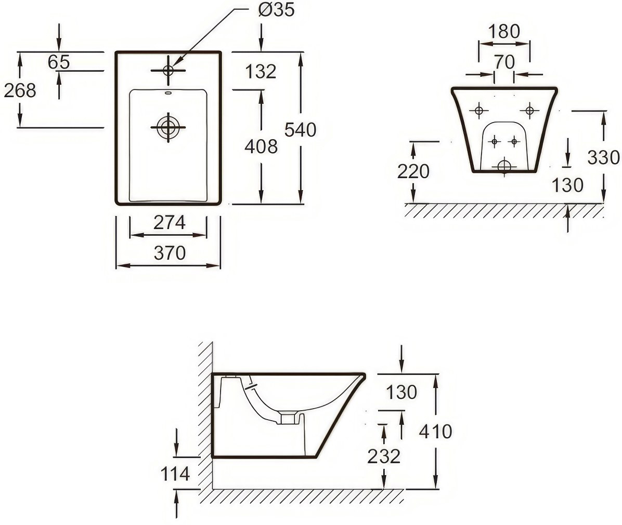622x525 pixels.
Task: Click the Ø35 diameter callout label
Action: [x=276, y=9]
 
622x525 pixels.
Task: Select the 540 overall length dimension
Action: [x=300, y=130]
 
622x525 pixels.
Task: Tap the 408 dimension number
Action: [x=261, y=146]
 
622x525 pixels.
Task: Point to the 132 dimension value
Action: [x=260, y=71]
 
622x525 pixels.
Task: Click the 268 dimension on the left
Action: [x=20, y=90]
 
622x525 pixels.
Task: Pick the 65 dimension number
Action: [x=59, y=62]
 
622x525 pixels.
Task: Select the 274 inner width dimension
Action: [x=170, y=222]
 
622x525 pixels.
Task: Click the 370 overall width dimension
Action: [x=170, y=253]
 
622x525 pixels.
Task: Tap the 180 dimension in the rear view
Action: [x=504, y=31]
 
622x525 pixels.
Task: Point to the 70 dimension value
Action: [x=504, y=62]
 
